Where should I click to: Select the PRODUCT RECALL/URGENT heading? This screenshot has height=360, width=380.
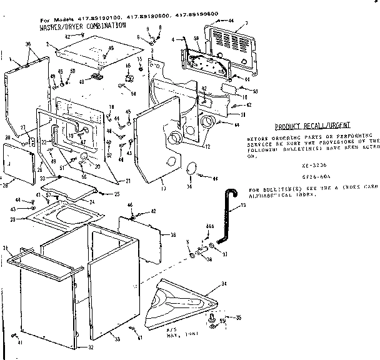310,126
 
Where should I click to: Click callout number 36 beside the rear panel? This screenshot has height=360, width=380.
173,235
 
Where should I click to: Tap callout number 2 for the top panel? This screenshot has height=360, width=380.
47,44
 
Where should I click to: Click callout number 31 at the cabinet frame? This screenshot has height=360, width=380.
7,249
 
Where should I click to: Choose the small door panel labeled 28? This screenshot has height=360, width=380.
17,164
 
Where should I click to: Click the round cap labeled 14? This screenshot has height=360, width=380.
192,169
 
